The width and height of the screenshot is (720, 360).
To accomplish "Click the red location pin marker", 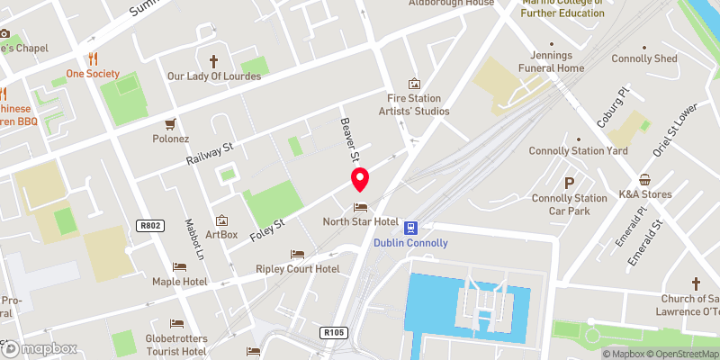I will [360, 179].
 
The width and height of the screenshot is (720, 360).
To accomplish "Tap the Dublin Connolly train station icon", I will [410, 227].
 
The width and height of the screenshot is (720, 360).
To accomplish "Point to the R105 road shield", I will [332, 333].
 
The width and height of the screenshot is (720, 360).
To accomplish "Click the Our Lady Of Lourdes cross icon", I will [214, 61].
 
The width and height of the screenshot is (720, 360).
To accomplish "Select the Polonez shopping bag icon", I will [168, 124].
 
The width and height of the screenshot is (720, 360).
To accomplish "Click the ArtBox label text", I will [221, 235].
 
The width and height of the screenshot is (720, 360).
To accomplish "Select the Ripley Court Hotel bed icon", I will [297, 254].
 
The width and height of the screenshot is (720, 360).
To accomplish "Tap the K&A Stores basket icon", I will [644, 179].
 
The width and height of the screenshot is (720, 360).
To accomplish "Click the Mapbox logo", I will [39, 348].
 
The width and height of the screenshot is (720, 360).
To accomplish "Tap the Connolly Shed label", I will [643, 59].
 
